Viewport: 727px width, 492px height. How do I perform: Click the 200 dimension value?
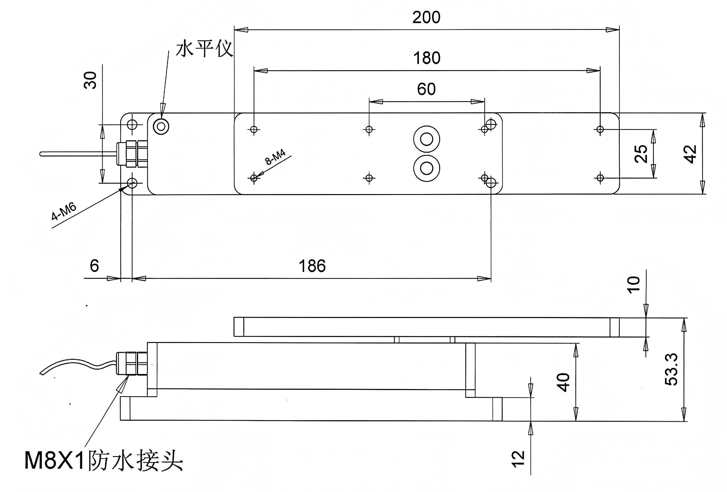pos(426,17)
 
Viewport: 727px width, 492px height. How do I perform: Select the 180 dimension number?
pos(427,58)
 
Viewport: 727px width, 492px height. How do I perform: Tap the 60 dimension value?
pos(426,89)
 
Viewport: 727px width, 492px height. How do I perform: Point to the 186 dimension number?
pos(312,266)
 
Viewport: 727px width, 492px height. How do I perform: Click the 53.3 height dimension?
pos(671,369)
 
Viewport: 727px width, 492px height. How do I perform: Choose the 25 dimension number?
pos(641,154)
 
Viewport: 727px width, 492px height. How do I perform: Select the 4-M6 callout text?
pos(64,212)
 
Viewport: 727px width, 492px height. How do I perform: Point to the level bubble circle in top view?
pos(161,127)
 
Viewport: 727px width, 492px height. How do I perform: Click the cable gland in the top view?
pos(132,154)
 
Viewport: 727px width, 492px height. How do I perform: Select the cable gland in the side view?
pos(132,363)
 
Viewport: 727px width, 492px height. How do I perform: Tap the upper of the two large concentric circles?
pos(426,139)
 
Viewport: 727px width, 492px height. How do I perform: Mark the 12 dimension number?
pos(518,459)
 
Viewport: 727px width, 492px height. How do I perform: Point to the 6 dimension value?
pos(94,266)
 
